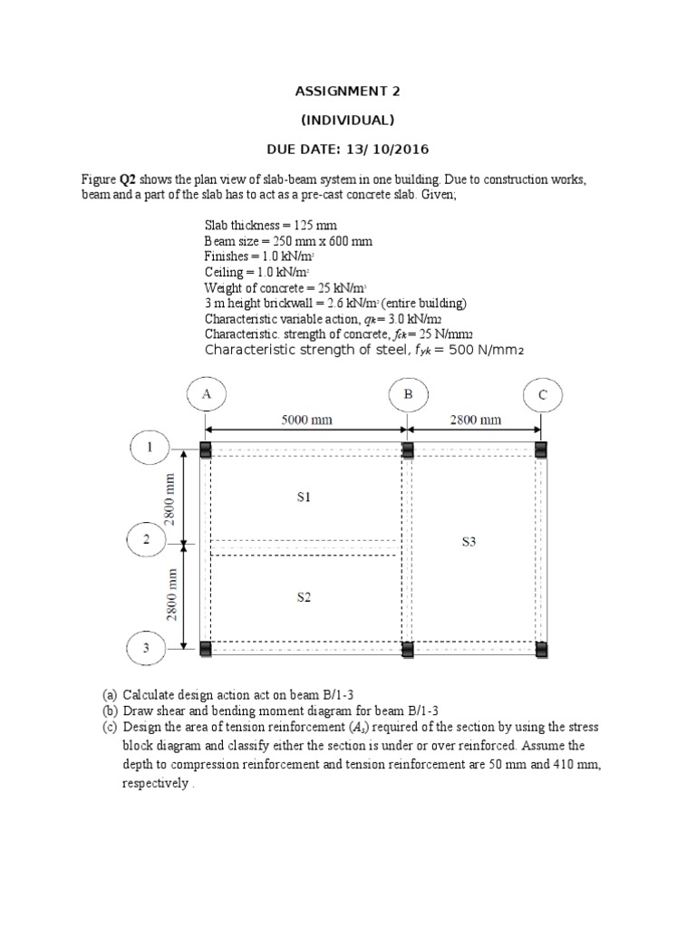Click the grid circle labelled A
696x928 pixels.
206,394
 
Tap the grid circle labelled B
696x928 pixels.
408,394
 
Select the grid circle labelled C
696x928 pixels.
543,394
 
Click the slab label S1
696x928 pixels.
304,497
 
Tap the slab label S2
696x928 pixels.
304,597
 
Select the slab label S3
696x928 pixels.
469,542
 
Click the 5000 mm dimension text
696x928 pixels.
306,420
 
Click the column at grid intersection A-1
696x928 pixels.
206,450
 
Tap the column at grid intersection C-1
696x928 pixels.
541,450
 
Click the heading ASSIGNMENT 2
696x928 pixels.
347,92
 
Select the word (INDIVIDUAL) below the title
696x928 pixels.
347,121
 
